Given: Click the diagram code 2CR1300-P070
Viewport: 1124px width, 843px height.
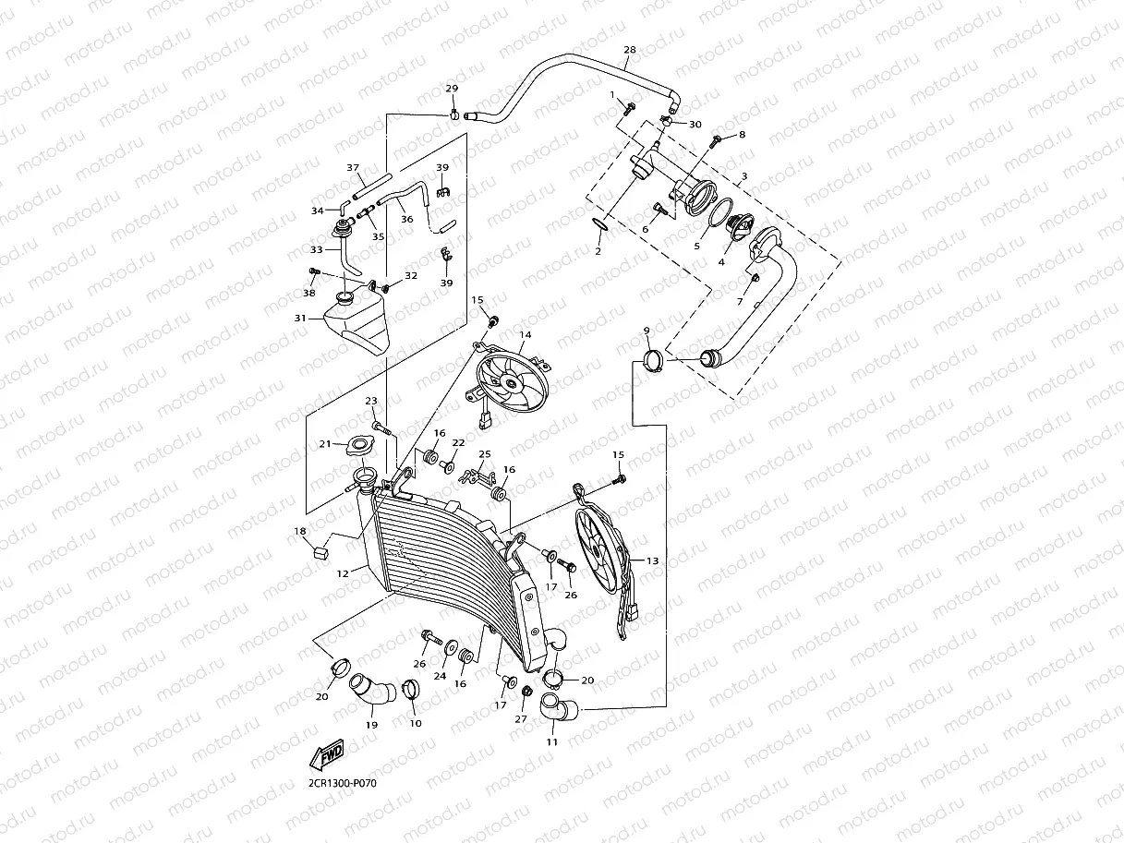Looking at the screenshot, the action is tap(342, 783).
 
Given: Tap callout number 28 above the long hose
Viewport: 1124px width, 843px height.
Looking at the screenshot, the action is tap(630, 50).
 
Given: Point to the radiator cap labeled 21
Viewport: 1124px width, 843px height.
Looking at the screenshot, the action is tap(360, 446).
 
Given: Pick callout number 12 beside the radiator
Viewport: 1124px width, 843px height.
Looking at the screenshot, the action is tap(343, 573).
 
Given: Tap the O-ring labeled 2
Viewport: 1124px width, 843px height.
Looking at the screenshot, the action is tap(599, 223).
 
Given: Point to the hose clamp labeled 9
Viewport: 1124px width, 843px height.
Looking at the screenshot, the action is tap(653, 360).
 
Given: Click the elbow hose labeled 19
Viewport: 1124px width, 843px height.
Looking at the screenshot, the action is tap(372, 690).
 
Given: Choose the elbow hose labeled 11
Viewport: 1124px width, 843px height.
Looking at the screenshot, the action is tap(558, 705).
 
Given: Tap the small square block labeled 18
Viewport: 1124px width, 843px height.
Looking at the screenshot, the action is tap(320, 553).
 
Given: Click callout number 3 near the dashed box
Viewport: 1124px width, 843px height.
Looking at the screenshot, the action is tap(744, 176).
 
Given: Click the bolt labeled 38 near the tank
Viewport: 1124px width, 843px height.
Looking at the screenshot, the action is tap(313, 271).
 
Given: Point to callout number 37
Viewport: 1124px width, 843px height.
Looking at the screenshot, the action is tap(353, 167).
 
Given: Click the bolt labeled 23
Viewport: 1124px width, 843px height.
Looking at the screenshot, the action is tap(383, 428).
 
